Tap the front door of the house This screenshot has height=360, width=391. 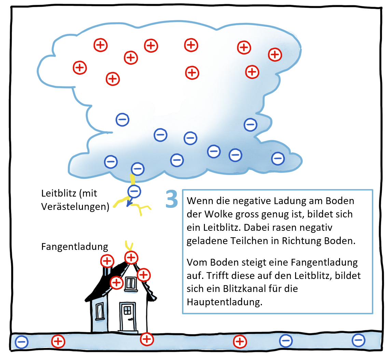point(127,317)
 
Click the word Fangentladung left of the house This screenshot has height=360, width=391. point(74,247)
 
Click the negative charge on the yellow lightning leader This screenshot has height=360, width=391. point(134,191)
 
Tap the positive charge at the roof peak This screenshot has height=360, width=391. point(131,257)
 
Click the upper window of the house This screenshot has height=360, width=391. point(130,283)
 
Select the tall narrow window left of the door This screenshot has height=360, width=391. point(99,311)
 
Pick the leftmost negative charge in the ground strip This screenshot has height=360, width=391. point(22,342)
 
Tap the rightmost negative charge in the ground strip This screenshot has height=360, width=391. point(358,340)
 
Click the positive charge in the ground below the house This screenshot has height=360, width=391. point(147,339)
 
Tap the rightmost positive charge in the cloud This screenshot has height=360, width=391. point(275,54)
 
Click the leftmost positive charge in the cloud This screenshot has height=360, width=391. point(80,67)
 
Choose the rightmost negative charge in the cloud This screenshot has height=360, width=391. point(278,158)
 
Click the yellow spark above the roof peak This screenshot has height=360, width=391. point(129,245)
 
